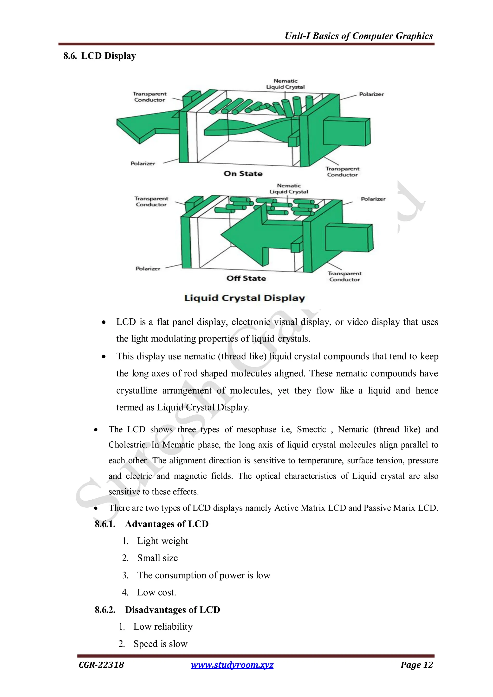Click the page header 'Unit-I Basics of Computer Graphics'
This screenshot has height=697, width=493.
click(x=358, y=36)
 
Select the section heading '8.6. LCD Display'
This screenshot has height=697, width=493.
click(x=100, y=56)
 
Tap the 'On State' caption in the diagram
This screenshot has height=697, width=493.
click(x=243, y=174)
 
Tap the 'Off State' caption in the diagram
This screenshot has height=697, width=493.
click(x=246, y=278)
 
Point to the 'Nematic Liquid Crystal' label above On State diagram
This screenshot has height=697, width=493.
click(x=285, y=84)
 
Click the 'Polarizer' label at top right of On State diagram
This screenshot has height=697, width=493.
click(x=371, y=94)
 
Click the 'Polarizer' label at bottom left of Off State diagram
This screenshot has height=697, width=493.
click(x=148, y=269)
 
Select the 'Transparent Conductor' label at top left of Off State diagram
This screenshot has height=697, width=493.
click(x=151, y=202)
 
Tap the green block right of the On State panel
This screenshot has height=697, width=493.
click(x=346, y=132)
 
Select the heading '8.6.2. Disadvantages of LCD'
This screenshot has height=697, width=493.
click(x=157, y=610)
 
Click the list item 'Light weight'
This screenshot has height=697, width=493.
click(x=162, y=541)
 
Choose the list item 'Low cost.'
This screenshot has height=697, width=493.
click(x=156, y=592)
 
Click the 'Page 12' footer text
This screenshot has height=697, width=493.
click(x=416, y=665)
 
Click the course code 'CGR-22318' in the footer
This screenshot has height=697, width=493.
click(x=101, y=665)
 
